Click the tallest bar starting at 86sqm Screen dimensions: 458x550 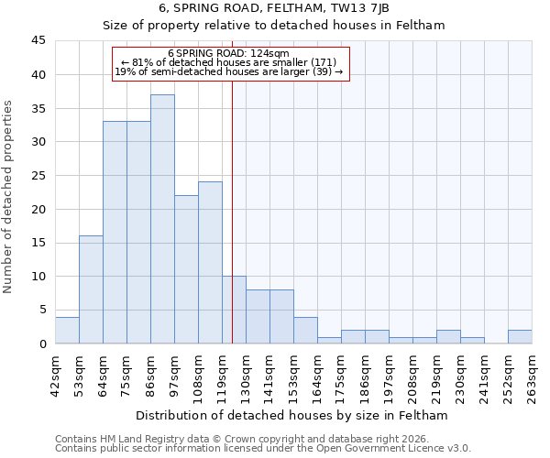[x=162, y=219]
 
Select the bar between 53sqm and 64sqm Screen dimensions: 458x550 [x=91, y=289]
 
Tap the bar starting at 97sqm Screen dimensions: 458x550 [x=186, y=269]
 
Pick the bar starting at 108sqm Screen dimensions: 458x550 [x=210, y=263]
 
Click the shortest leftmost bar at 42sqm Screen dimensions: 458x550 [x=67, y=330]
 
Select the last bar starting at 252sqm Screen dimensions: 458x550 [x=520, y=336]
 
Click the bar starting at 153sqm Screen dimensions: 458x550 [x=305, y=330]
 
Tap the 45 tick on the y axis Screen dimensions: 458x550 [x=39, y=41]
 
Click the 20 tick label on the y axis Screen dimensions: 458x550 [x=39, y=209]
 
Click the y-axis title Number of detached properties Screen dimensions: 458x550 [x=9, y=198]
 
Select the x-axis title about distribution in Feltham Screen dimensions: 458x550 [x=291, y=416]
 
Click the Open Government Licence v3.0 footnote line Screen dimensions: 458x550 [x=263, y=449]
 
